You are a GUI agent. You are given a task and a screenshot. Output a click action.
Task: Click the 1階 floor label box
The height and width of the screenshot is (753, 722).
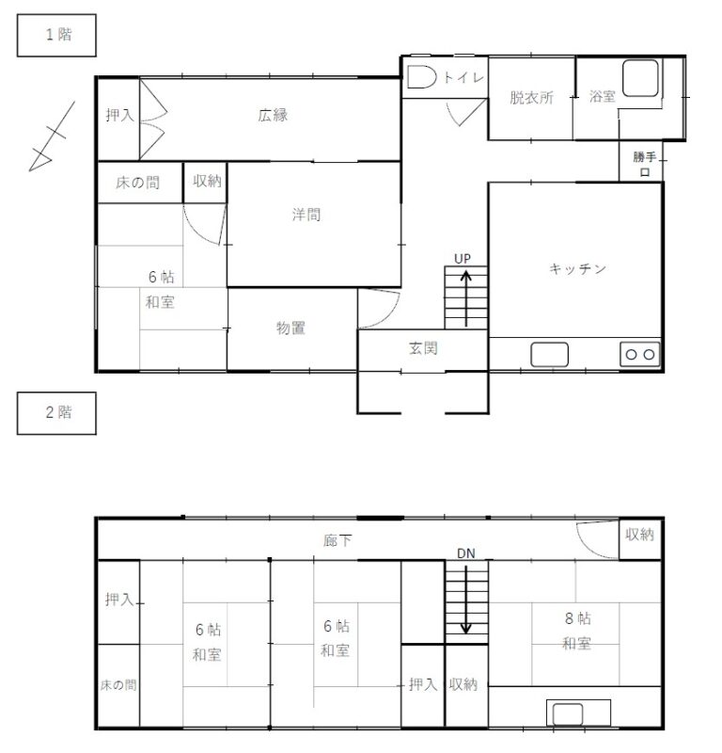point(56,36)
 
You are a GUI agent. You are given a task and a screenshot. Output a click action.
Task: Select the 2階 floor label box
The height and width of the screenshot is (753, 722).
point(56,413)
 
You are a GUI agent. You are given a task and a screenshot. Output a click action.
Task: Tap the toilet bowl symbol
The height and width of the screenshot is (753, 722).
point(422,77)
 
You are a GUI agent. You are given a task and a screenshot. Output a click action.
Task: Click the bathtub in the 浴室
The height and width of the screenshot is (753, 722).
point(640,78)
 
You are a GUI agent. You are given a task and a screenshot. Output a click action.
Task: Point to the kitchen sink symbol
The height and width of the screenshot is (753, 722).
point(549,355)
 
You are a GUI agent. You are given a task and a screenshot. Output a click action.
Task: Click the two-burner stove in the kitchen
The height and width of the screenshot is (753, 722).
point(640,355)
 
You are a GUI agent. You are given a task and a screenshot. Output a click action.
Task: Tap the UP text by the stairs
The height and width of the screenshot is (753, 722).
point(463,259)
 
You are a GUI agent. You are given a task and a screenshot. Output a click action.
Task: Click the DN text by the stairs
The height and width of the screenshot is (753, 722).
point(466,553)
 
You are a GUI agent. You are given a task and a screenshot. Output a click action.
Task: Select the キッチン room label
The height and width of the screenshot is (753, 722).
point(577,268)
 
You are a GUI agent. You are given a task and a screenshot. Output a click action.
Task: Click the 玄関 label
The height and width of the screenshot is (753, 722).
point(423,348)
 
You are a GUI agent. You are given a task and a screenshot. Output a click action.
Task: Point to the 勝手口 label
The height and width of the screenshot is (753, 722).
point(644,164)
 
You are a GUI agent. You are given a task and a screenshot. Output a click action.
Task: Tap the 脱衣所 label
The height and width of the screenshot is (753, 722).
point(531,98)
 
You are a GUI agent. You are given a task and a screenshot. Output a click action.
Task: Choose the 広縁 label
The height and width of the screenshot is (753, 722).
point(273,115)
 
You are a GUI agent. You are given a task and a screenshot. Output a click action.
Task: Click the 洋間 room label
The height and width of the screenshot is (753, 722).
point(306,215)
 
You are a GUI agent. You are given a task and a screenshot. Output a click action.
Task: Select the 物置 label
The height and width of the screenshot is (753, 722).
point(290,328)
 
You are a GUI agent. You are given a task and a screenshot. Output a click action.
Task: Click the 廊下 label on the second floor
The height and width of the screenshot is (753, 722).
point(337,541)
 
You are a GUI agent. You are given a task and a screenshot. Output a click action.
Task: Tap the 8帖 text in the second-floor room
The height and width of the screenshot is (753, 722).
point(578,618)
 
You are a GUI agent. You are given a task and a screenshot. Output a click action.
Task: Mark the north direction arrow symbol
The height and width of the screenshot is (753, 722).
point(52,136)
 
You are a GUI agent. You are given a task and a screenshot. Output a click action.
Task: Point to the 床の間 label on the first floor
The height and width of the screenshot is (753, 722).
point(137,183)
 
